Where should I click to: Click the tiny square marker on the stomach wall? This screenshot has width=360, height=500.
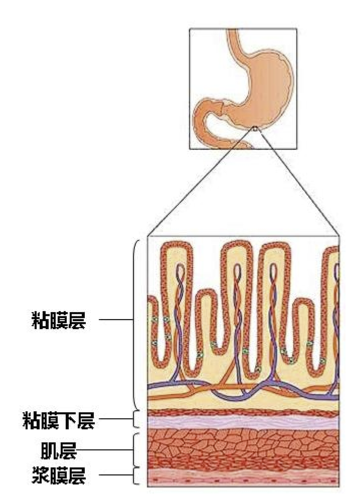pos(255,129)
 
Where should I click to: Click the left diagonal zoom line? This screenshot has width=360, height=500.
pos(201,183)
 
